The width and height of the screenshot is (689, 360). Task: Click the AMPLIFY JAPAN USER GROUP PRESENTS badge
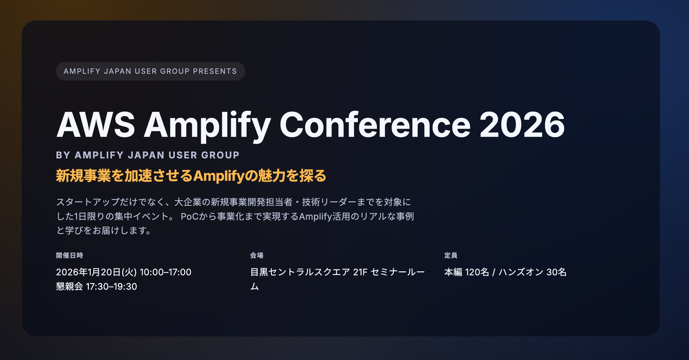150,71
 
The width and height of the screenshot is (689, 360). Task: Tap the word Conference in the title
375,125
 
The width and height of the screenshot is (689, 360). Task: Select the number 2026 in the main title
522,125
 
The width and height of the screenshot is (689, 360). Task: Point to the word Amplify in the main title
207,125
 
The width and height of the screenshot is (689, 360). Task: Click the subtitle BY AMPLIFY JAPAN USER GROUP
147,155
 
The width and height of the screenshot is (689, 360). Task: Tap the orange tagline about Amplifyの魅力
191,176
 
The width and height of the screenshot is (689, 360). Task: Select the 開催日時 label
69,255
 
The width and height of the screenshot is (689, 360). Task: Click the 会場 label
257,255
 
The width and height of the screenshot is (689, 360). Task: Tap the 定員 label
451,255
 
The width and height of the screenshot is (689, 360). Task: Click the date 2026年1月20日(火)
96,272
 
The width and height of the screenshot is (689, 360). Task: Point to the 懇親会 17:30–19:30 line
96,286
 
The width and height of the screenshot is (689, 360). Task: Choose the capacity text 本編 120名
467,272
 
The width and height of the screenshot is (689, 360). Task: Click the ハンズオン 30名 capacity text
533,272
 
